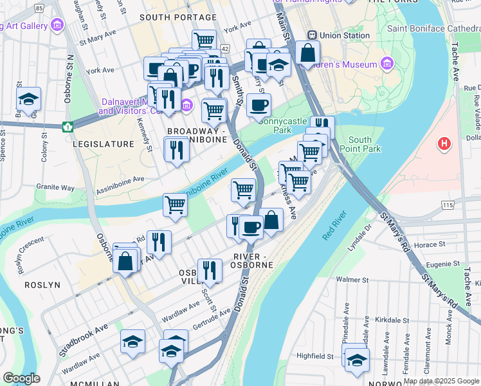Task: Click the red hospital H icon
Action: [444, 144]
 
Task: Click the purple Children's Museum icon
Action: [386, 64]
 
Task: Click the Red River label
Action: [334, 226]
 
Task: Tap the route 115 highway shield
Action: [448, 205]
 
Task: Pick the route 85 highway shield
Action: [40, 8]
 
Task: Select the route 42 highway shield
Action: [224, 49]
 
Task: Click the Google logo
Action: [21, 378]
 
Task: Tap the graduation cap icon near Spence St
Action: [28, 100]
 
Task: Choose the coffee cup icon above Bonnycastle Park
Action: [259, 106]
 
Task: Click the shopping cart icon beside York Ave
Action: [204, 41]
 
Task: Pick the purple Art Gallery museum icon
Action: [58, 26]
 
